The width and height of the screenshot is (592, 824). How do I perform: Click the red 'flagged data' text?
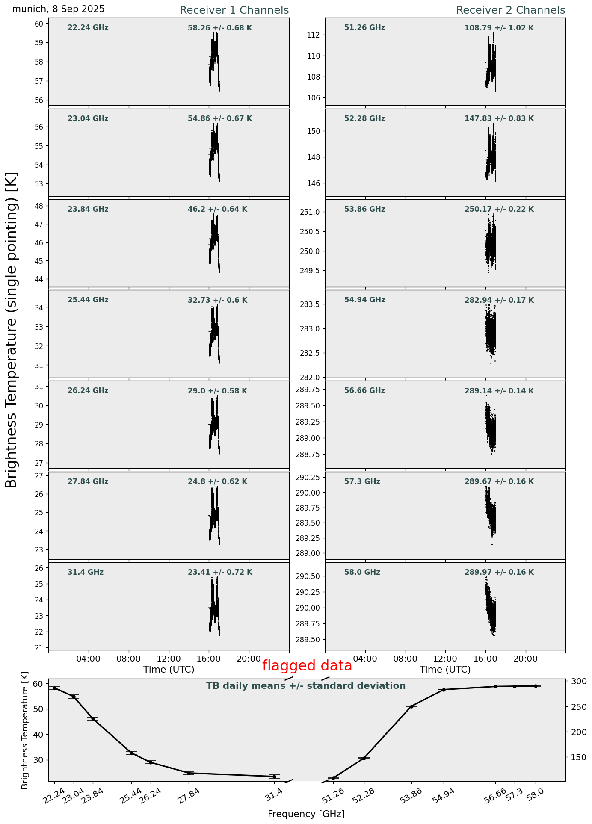[307, 666]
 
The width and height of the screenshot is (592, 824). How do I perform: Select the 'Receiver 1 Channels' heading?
[234, 10]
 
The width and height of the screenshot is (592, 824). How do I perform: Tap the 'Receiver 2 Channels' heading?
[510, 10]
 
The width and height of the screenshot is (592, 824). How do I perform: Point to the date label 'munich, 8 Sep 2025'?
[58, 9]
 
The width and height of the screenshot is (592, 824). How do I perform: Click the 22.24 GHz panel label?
[88, 28]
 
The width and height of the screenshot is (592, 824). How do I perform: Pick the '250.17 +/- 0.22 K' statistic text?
[499, 210]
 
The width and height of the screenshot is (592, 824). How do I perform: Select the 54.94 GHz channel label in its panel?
[364, 300]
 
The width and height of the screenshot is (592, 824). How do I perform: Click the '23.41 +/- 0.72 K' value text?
[220, 573]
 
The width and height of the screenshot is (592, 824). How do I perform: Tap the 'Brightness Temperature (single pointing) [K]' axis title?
[12, 330]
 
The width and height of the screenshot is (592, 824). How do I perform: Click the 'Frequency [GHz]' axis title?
[306, 814]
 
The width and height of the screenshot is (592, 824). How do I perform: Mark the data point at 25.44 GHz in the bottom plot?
[131, 753]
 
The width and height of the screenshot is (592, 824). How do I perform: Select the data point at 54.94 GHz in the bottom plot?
[444, 690]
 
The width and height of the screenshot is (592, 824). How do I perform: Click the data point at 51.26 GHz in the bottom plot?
[333, 778]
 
